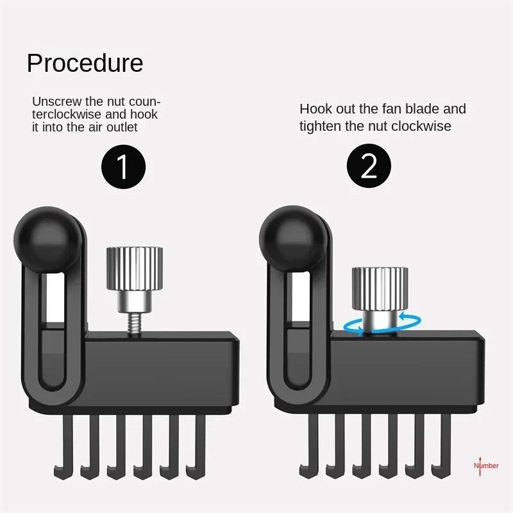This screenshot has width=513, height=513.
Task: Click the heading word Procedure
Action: tap(85, 63)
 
